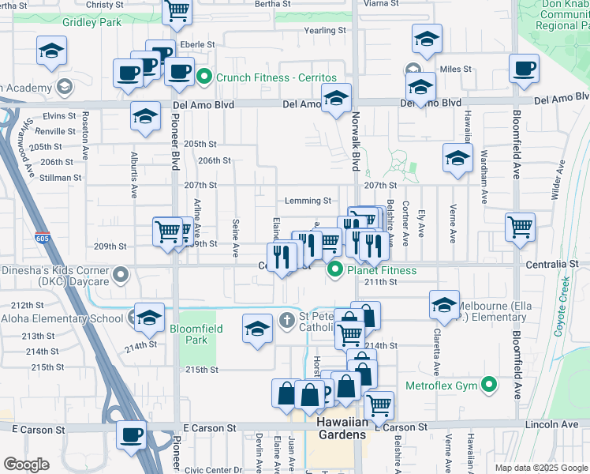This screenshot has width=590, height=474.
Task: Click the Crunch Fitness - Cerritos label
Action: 276,77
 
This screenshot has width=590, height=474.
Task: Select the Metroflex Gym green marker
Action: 489,386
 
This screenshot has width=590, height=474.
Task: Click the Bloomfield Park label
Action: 196,334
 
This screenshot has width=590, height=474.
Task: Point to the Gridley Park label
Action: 91,22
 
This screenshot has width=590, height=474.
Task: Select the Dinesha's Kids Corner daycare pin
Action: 121,276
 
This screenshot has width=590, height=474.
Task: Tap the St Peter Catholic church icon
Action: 288,319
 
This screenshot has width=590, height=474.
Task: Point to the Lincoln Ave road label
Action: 557,425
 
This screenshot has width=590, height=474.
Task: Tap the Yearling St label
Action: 326,31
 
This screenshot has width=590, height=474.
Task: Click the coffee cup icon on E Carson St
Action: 131,434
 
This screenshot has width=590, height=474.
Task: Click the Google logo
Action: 26,464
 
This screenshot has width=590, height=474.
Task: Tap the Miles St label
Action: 455,70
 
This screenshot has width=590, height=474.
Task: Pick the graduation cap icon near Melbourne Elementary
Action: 444,305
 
